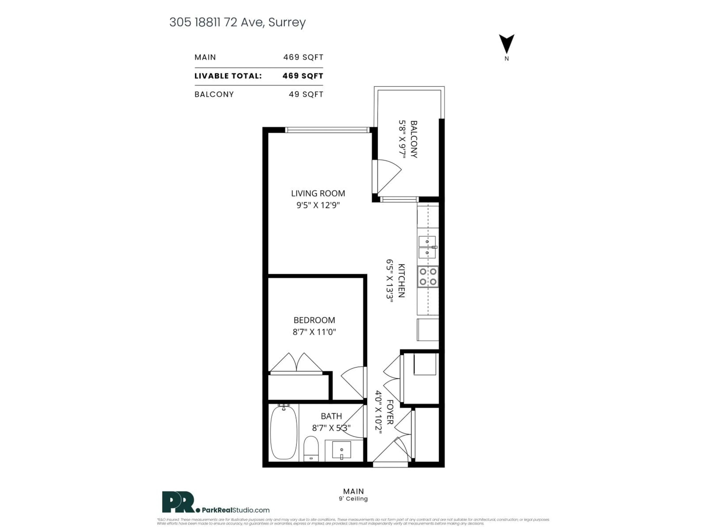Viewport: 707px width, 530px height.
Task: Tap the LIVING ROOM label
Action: coord(318,193)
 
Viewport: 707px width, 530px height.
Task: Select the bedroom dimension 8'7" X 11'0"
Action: coord(314,332)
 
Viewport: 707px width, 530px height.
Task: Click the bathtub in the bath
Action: coord(284,432)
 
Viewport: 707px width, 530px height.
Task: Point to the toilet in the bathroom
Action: coord(311,449)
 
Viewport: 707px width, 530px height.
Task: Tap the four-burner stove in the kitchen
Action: coord(428,277)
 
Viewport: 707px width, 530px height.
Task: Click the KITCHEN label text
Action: coord(401,280)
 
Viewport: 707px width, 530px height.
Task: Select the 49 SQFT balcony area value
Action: coord(306,94)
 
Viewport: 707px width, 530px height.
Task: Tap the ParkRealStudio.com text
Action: coord(235,510)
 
